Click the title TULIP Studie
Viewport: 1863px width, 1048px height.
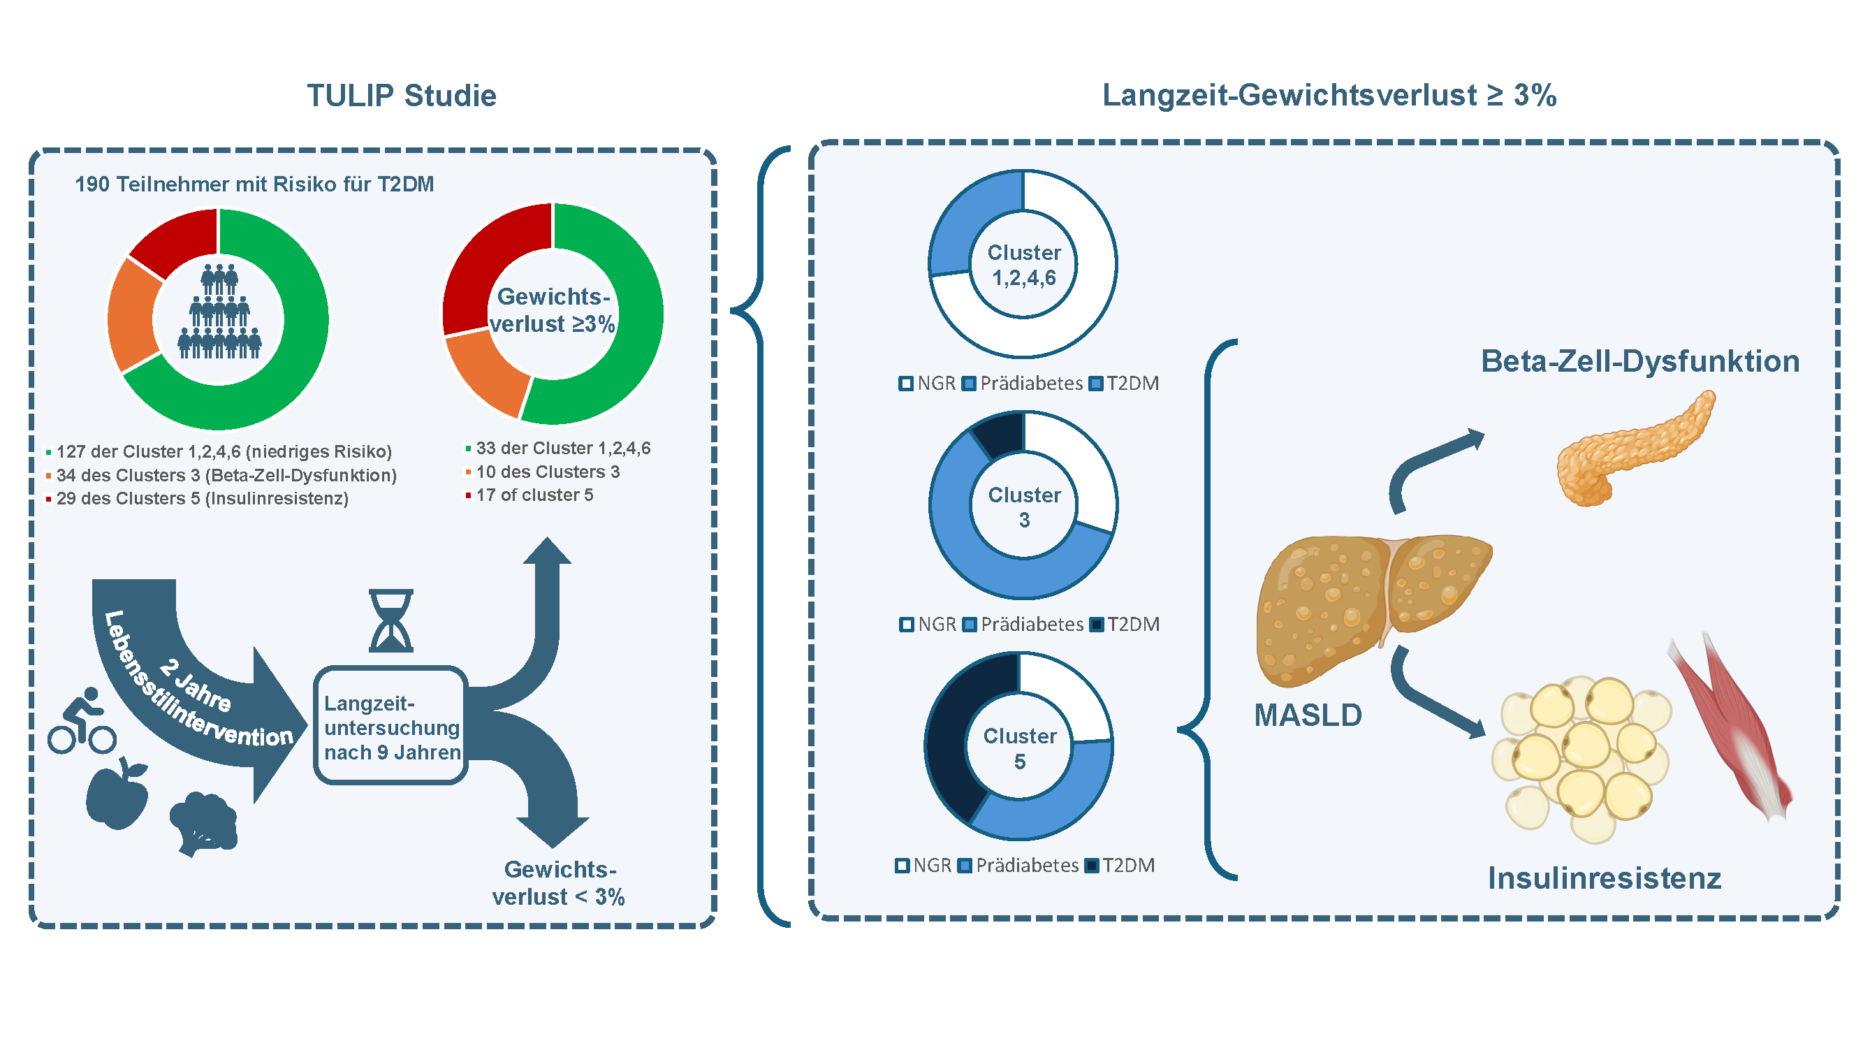(x=402, y=96)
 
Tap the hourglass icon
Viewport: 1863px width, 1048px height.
(x=390, y=620)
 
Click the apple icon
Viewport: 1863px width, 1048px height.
(x=117, y=795)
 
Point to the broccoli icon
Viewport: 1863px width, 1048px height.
(x=204, y=824)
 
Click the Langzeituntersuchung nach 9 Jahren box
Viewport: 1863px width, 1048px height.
(x=390, y=726)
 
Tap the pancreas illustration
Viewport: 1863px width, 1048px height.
(x=1634, y=449)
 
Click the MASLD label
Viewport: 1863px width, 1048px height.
(x=1308, y=715)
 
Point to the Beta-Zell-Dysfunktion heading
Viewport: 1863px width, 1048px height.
(x=1639, y=361)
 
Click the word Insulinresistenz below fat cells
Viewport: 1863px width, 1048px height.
(x=1603, y=878)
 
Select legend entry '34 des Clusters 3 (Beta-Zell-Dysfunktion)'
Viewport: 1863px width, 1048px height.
(x=226, y=475)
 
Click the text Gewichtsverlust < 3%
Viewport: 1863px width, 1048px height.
(x=558, y=882)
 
